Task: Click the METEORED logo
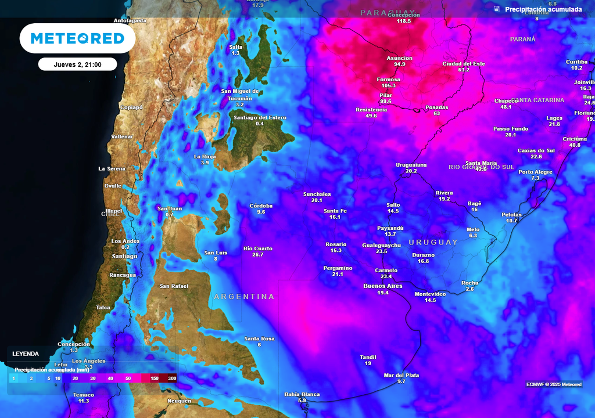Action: point(77,38)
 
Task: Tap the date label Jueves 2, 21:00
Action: point(77,64)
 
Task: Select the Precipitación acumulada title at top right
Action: point(543,9)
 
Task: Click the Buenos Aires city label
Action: point(383,286)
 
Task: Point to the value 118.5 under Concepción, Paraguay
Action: point(404,21)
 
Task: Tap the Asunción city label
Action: point(400,58)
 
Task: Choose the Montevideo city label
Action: point(430,294)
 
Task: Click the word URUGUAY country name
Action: point(433,242)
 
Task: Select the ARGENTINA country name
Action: point(244,297)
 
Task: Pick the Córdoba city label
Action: point(261,206)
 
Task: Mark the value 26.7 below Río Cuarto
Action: point(258,255)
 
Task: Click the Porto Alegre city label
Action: point(535,172)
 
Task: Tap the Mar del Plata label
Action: point(402,375)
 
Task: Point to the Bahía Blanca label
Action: point(302,394)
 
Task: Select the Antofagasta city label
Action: point(130,20)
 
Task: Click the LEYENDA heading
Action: point(26,353)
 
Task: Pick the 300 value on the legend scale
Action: point(172,378)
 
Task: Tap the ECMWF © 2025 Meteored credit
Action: point(554,384)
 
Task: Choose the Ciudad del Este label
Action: point(464,64)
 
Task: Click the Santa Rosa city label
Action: point(259,338)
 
